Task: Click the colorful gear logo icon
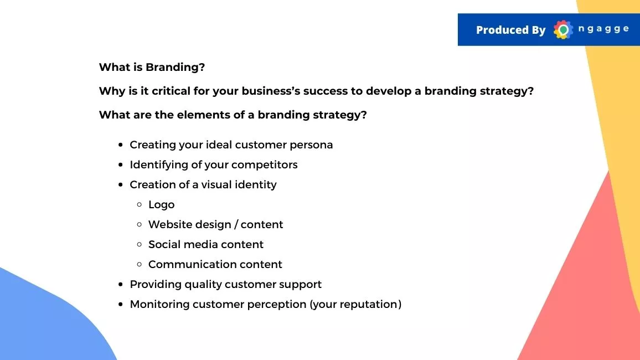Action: click(x=563, y=29)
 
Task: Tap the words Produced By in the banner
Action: click(x=510, y=30)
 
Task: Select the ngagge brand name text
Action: click(x=603, y=29)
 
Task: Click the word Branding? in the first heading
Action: click(x=175, y=68)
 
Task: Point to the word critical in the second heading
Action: click(x=171, y=91)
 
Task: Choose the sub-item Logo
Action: click(x=161, y=205)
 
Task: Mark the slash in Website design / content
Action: click(x=236, y=225)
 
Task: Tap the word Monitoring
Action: click(x=159, y=305)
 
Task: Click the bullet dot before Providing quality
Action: click(x=120, y=285)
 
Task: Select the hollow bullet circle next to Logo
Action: click(x=140, y=204)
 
